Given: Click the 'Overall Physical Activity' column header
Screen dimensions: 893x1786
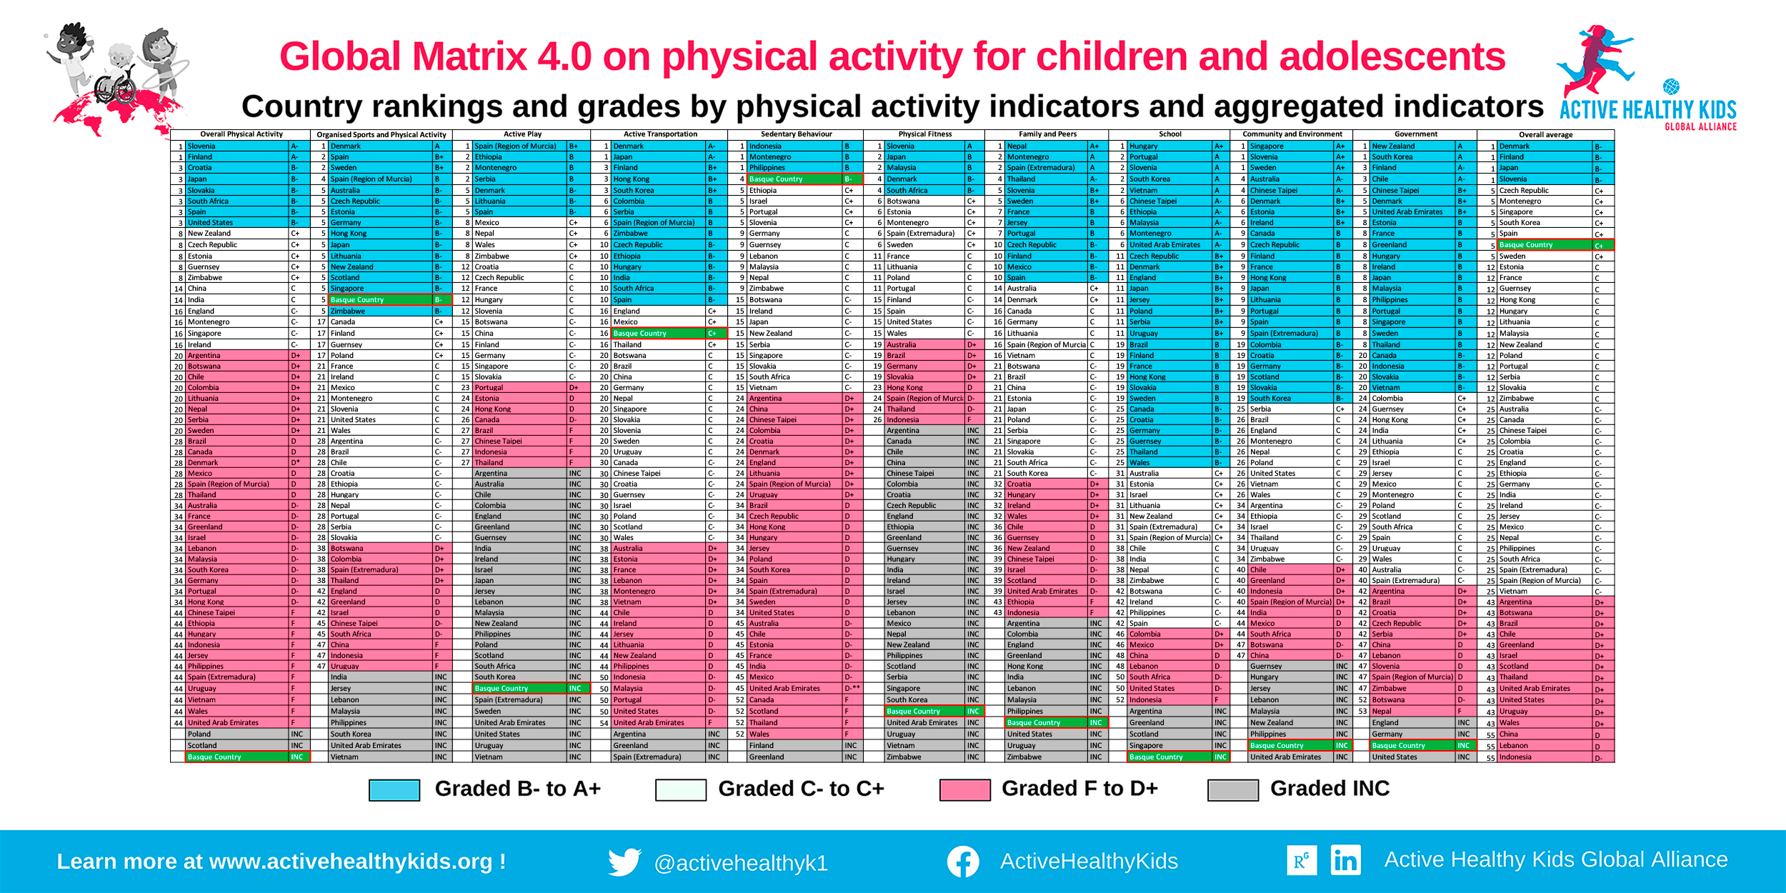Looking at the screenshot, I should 241,134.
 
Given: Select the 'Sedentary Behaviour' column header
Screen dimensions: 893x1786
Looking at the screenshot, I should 796,134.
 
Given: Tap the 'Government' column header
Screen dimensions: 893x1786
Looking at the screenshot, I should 1415,134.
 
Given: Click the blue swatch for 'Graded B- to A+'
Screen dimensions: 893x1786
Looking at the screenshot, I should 394,789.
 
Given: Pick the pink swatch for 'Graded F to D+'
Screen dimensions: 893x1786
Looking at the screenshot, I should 964,789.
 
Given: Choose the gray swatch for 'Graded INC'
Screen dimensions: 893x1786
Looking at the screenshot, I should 1232,789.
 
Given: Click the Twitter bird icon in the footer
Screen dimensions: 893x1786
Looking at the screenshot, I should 624,862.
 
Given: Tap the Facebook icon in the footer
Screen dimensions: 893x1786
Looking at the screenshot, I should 962,862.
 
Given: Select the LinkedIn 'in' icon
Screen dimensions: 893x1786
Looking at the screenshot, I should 1345,860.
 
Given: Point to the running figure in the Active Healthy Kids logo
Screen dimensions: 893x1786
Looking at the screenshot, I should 1597,61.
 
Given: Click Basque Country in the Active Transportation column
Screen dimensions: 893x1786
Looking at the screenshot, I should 639,334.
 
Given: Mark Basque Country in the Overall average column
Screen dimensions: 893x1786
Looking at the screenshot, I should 1525,245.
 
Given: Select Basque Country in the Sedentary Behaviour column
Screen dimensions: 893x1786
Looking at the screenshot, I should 776,179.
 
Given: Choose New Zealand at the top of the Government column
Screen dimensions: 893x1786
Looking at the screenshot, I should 1392,146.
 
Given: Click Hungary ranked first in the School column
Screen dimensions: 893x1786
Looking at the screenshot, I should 1143,146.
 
